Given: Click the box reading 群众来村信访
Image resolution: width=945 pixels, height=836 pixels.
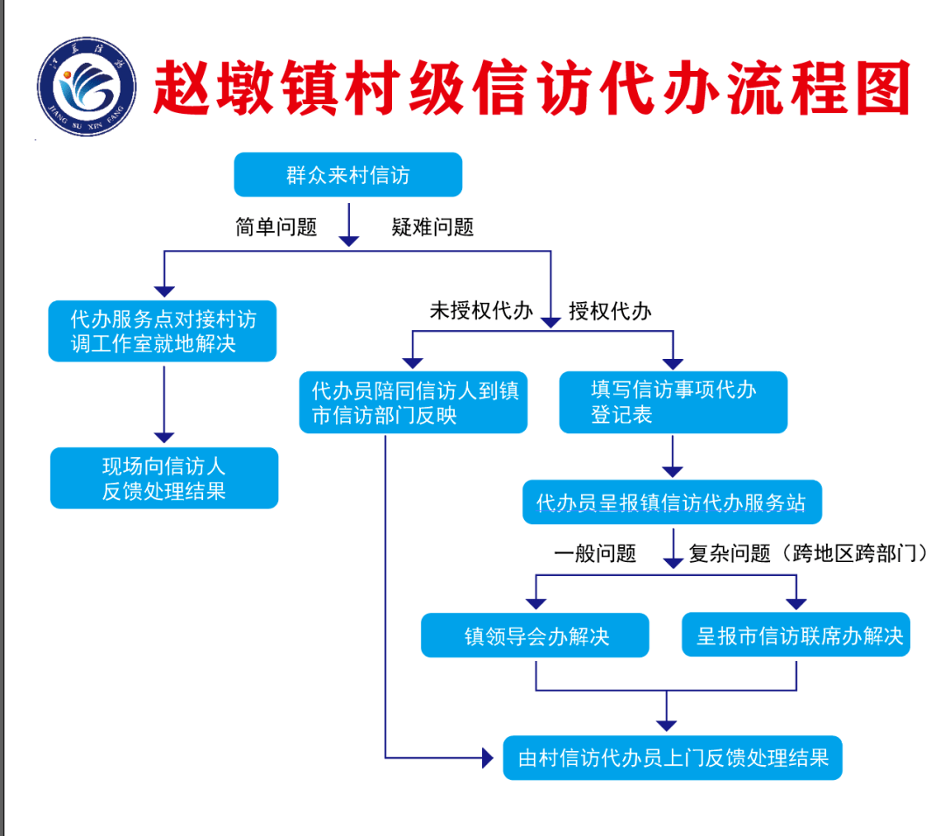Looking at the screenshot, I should (347, 175).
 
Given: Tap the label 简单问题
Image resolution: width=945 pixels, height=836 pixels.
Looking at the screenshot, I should (276, 228).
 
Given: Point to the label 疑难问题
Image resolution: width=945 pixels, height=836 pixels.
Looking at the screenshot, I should (432, 228).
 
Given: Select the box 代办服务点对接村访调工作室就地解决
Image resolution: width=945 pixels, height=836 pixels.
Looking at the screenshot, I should (163, 331).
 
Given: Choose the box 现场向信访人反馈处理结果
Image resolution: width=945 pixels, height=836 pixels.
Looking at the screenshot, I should (164, 478).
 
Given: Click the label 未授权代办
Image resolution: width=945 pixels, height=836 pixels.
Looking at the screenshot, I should (480, 311).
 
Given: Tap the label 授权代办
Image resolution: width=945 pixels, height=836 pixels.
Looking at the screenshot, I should (610, 311).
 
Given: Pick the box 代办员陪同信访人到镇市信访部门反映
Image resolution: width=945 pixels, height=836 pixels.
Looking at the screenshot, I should (413, 403).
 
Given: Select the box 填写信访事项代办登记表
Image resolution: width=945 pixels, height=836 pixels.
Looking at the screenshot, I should (673, 403).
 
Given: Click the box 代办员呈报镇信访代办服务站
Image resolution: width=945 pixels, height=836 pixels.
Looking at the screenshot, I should (672, 503).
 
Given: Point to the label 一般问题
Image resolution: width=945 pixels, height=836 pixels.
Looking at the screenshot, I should (595, 553).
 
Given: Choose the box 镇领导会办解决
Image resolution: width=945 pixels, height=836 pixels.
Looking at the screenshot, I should (535, 636).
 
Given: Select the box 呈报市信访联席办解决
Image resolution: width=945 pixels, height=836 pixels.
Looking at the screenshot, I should (796, 636).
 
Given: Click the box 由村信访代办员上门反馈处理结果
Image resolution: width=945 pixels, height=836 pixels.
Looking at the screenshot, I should (672, 757).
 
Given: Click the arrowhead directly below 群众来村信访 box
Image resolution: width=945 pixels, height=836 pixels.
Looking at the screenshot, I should (348, 239).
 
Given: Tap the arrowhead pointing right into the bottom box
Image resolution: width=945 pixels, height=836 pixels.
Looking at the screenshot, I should (487, 757).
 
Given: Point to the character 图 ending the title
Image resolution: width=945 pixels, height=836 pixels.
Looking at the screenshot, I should (877, 88).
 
